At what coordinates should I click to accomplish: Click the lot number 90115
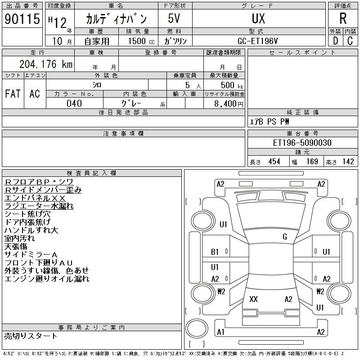click(x=22, y=19)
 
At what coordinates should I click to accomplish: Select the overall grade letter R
click(x=343, y=18)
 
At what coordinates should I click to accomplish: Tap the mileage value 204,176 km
click(x=46, y=64)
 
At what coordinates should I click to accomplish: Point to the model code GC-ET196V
click(x=257, y=41)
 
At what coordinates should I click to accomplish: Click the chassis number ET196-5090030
click(x=302, y=143)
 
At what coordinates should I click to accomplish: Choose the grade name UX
click(x=258, y=18)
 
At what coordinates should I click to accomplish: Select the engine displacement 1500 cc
click(x=141, y=41)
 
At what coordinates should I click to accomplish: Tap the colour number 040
click(x=74, y=103)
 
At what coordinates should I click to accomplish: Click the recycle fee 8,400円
click(x=229, y=103)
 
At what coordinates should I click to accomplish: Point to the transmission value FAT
click(x=13, y=94)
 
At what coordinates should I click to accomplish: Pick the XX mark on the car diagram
click(x=253, y=299)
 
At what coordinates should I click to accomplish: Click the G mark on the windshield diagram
click(x=285, y=237)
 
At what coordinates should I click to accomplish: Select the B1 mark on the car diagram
click(x=215, y=252)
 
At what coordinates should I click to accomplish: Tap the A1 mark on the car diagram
click(x=220, y=332)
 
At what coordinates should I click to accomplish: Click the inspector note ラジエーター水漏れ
click(x=39, y=206)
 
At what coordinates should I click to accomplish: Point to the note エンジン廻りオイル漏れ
click(x=47, y=279)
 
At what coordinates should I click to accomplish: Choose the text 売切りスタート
click(x=31, y=336)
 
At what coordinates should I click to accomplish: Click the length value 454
click(x=274, y=162)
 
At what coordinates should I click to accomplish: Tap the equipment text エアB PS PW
click(x=269, y=121)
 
